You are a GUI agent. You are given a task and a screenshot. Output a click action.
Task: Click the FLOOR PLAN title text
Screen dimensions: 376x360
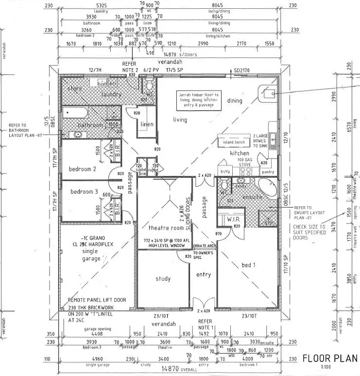click(x=330, y=358)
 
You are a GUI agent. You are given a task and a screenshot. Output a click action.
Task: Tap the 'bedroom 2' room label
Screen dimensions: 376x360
click(x=82, y=169)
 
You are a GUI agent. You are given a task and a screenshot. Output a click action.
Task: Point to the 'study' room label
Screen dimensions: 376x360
click(x=163, y=279)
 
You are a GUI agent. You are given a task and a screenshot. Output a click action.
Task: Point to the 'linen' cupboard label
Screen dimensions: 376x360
click(x=147, y=125)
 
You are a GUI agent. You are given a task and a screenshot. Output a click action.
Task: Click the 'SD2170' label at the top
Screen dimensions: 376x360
click(x=241, y=71)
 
